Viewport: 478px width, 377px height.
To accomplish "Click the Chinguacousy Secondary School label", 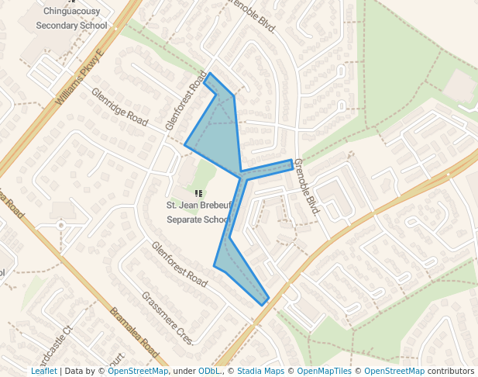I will coord(71,19).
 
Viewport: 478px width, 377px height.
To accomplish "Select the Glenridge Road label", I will coord(119,107).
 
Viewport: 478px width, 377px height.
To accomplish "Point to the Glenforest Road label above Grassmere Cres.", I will coord(178,265).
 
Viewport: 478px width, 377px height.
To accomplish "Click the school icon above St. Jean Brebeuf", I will coord(199,192).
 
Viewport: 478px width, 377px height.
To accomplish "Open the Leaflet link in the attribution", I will coord(43,371).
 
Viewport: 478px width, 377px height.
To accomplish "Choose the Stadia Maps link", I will coord(260,371).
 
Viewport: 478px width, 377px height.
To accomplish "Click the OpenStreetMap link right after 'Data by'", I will coord(138,371).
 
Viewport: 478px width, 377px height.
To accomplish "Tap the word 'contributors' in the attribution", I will coord(452,371).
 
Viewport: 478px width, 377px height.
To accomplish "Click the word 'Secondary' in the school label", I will coord(60,25).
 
